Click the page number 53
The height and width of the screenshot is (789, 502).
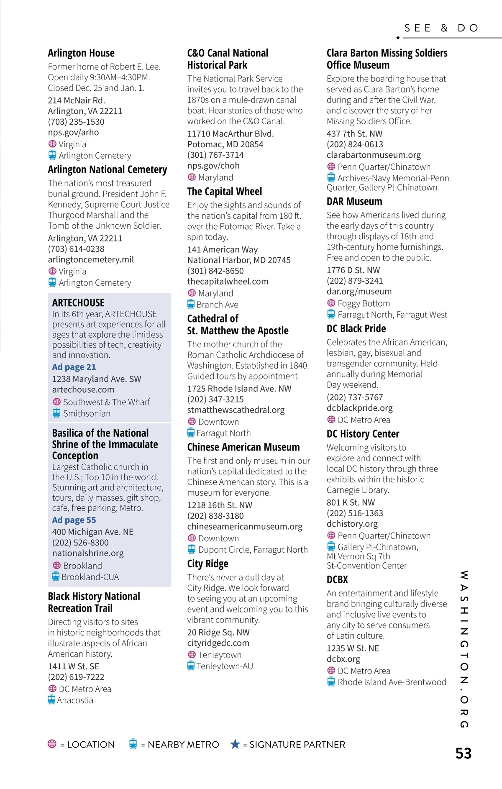pyautogui.click(x=463, y=753)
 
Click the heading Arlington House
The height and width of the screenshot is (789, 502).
pyautogui.click(x=81, y=53)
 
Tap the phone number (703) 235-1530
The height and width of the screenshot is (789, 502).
pyautogui.click(x=76, y=122)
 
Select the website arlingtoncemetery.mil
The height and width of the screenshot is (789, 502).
pyautogui.click(x=91, y=259)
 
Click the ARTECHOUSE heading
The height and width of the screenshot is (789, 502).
pyautogui.click(x=78, y=302)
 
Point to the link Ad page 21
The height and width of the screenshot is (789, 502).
pyautogui.click(x=74, y=367)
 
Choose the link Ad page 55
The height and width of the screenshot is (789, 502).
pyautogui.click(x=74, y=520)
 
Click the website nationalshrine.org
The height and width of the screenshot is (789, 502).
pyautogui.click(x=88, y=553)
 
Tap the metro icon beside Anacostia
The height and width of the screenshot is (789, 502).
pyautogui.click(x=51, y=700)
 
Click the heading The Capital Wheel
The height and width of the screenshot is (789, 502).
pyautogui.click(x=225, y=192)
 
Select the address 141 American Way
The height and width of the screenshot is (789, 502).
pyautogui.click(x=223, y=249)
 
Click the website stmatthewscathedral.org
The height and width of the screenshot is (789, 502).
pyautogui.click(x=236, y=410)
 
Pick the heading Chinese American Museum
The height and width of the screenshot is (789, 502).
pyautogui.click(x=243, y=447)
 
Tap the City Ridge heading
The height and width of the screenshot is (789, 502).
pyautogui.click(x=208, y=564)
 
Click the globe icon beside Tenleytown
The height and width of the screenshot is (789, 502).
pyautogui.click(x=192, y=654)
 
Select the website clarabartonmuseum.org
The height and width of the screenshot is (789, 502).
pyautogui.click(x=374, y=155)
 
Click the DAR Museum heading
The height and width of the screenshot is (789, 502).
pyautogui.click(x=354, y=202)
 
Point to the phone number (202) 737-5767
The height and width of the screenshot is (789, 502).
pyautogui.click(x=355, y=397)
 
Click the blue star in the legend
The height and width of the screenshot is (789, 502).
pyautogui.click(x=235, y=744)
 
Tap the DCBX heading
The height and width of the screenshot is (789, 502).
pyautogui.click(x=337, y=580)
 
